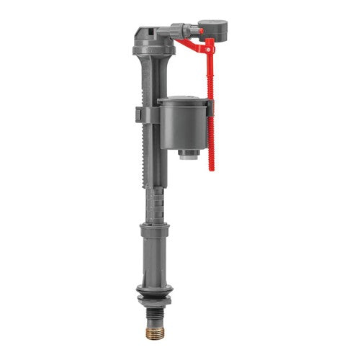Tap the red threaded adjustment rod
pos(211,130)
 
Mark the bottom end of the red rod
pos(212,167)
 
